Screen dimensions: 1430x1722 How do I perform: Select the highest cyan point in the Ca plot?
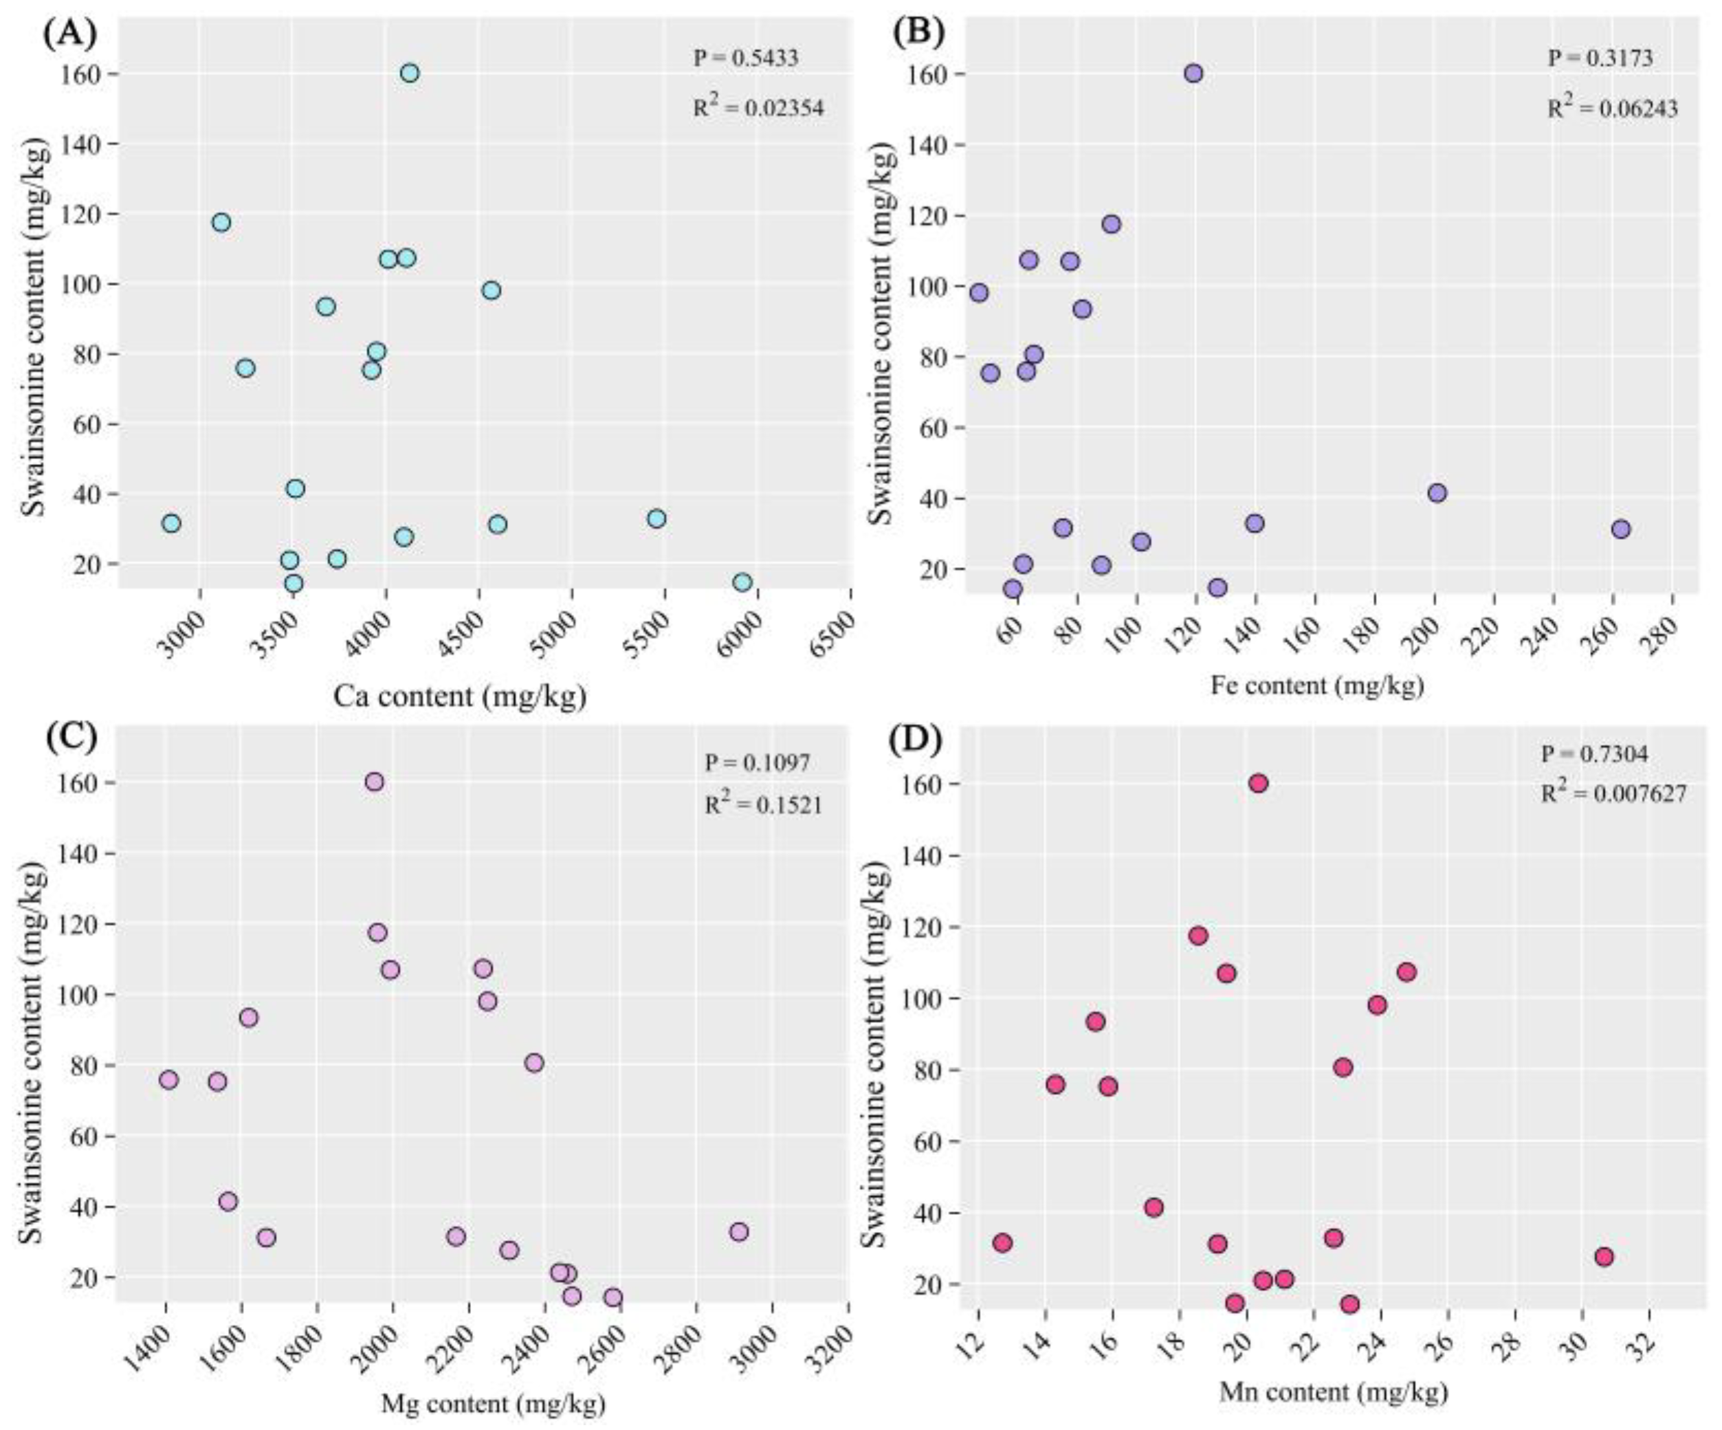click(x=410, y=73)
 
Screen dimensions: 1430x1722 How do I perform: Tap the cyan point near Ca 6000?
click(x=743, y=582)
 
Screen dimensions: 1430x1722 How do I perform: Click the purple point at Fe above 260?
click(x=1620, y=529)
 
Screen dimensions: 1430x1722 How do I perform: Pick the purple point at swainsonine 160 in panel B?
click(x=1194, y=73)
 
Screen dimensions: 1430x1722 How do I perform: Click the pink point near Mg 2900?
click(x=739, y=1231)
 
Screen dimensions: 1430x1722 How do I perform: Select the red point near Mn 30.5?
click(x=1604, y=1256)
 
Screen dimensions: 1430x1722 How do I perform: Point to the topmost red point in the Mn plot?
click(x=1259, y=783)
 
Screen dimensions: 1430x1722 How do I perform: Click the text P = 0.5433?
click(x=745, y=58)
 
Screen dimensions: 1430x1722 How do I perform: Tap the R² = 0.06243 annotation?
click(x=1612, y=108)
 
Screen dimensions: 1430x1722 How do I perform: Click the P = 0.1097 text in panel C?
click(x=757, y=762)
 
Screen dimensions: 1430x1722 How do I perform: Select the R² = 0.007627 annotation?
click(x=1613, y=793)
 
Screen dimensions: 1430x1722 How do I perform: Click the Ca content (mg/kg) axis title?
click(x=459, y=696)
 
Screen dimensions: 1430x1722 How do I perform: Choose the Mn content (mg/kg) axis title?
click(x=1334, y=1391)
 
